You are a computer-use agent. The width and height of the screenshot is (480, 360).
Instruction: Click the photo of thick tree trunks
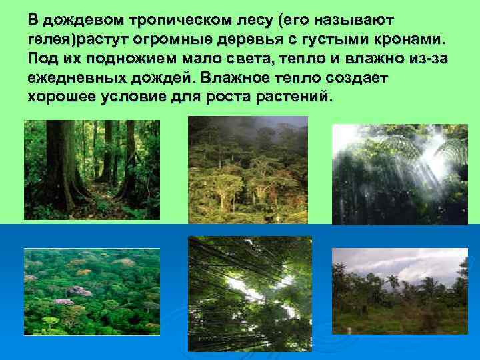click(x=92, y=170)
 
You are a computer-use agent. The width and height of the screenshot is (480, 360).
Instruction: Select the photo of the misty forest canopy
click(x=248, y=170)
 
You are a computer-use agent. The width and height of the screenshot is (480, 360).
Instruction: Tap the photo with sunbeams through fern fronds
click(x=400, y=175)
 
